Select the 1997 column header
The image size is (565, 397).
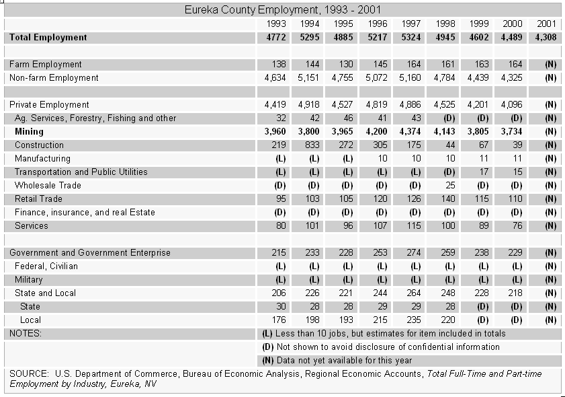click(x=411, y=24)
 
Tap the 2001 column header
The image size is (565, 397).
click(x=547, y=24)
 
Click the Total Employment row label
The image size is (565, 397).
click(x=48, y=38)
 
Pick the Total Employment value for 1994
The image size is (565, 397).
click(x=310, y=38)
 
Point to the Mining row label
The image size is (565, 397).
click(x=29, y=132)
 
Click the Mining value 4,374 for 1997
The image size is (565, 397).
click(x=410, y=132)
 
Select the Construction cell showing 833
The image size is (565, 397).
click(x=312, y=145)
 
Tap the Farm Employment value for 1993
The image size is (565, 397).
click(x=279, y=64)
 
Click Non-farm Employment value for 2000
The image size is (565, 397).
click(x=512, y=78)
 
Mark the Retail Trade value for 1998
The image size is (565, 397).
click(x=448, y=199)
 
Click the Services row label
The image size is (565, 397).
click(x=32, y=226)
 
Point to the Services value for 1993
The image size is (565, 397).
click(x=281, y=226)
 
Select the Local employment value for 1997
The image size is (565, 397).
click(x=414, y=320)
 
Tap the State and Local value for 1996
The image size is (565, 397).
click(x=380, y=293)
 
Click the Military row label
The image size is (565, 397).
click(x=29, y=280)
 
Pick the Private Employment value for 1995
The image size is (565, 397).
click(x=343, y=105)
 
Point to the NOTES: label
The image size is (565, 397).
click(x=26, y=334)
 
